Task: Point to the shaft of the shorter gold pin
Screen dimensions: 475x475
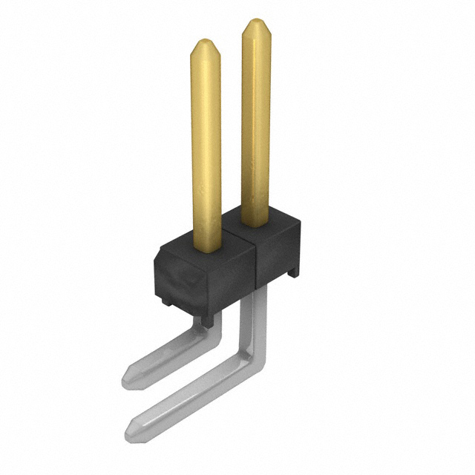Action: (x=206, y=148)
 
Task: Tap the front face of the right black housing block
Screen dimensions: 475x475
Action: (x=276, y=256)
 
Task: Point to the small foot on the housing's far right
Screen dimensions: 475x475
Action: (x=295, y=272)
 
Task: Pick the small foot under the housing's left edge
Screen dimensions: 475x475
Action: (x=168, y=301)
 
